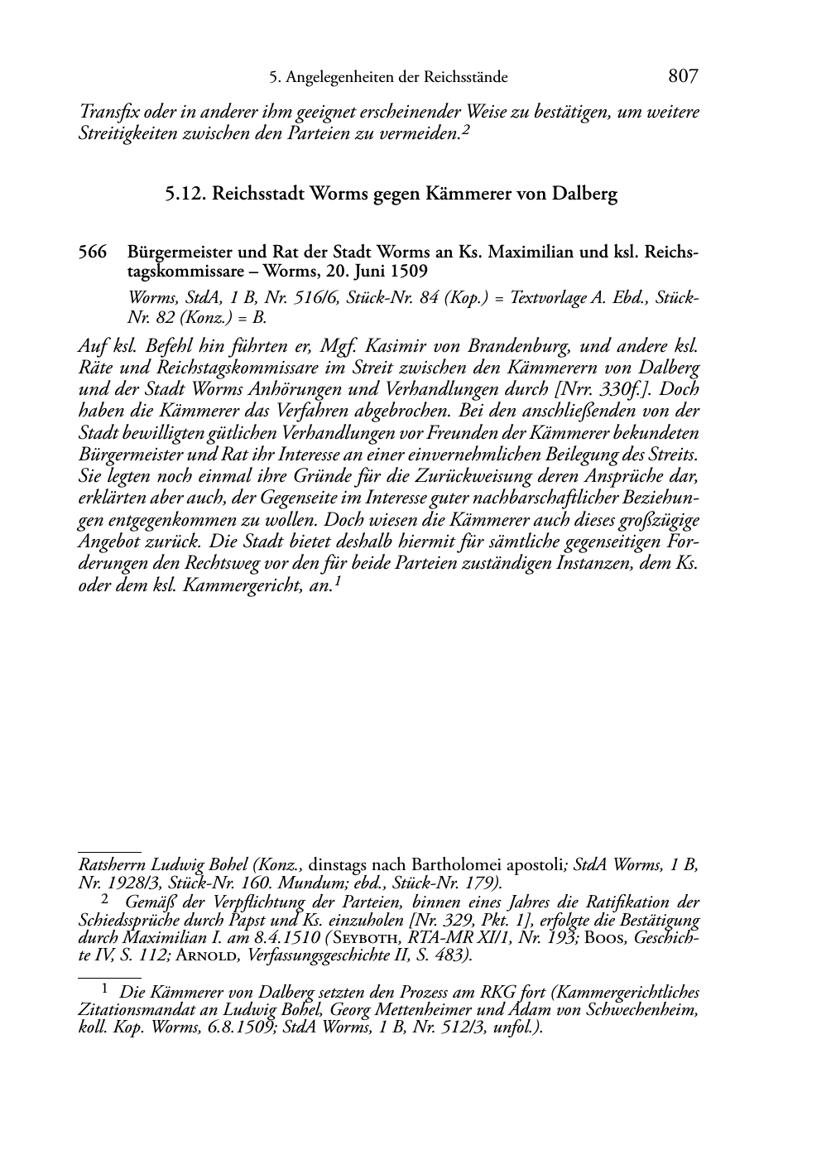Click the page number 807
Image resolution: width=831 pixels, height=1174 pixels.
click(683, 77)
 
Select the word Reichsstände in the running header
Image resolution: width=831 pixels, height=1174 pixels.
click(465, 79)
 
